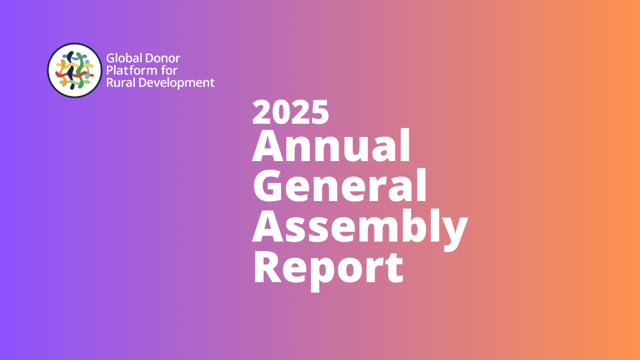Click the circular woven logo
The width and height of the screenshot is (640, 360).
tap(74, 70)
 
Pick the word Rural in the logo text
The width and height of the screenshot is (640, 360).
tap(120, 83)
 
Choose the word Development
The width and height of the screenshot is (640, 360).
tap(176, 83)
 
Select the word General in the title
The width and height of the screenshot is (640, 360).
tap(340, 186)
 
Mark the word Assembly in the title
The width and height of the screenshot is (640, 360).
tap(359, 227)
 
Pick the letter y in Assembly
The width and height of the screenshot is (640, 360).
tap(453, 232)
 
